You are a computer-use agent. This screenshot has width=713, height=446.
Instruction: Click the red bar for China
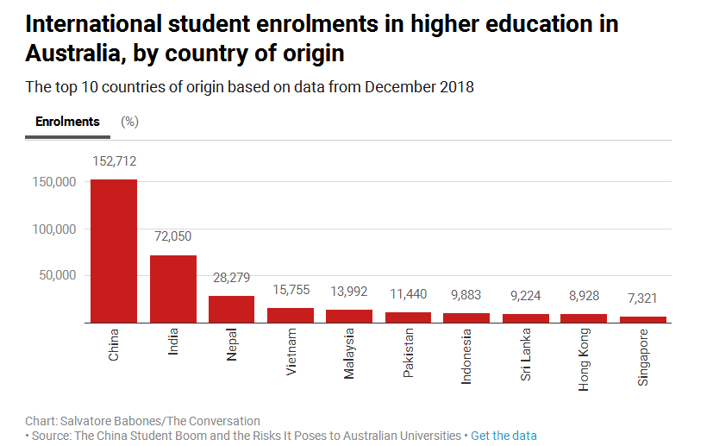(114, 250)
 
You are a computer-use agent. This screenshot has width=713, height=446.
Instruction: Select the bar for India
(172, 288)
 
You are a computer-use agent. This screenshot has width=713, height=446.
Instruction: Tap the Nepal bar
(231, 309)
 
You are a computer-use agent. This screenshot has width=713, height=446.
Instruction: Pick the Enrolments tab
(67, 122)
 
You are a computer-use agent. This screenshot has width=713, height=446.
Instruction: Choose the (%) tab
(130, 122)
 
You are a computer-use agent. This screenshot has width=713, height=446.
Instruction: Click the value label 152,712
(114, 161)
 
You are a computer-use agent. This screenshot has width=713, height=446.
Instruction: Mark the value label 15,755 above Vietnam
(290, 290)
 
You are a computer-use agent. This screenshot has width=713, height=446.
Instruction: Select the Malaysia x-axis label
(348, 355)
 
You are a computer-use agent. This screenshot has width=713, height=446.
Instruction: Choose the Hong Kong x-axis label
(584, 360)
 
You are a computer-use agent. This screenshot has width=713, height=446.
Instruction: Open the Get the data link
(503, 436)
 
